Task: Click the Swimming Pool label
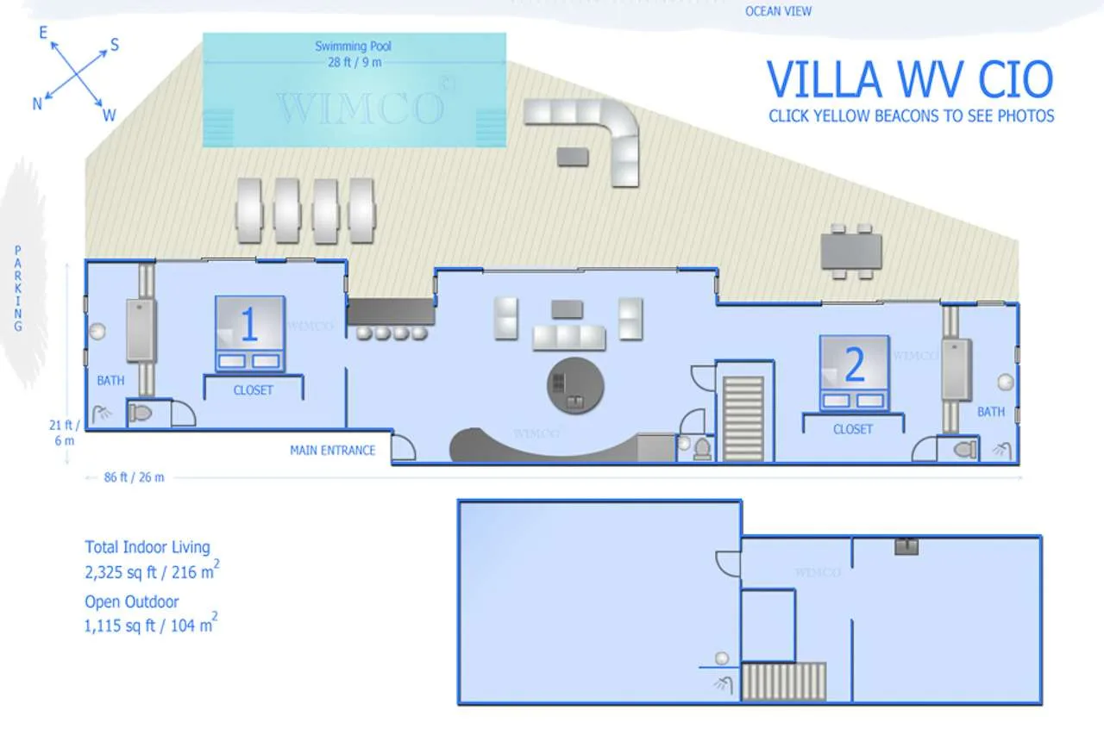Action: [x=353, y=47]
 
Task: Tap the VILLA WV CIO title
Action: [x=910, y=78]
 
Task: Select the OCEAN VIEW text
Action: [x=778, y=11]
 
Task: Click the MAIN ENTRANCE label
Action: [x=333, y=451]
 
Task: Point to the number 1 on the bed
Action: [x=249, y=324]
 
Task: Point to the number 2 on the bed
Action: [x=855, y=364]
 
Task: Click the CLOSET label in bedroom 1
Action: [x=253, y=390]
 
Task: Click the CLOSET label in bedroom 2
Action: [x=853, y=429]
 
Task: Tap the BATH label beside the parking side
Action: [x=111, y=381]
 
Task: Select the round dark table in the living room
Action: [x=575, y=385]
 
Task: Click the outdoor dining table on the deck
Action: [x=851, y=251]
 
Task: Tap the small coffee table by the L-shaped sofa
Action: [x=573, y=157]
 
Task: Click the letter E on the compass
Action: [x=43, y=33]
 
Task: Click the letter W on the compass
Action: [x=110, y=115]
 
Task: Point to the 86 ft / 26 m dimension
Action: [x=134, y=477]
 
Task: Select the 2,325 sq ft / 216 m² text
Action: [x=153, y=571]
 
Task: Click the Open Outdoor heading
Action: [x=132, y=601]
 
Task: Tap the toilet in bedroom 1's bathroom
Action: [x=140, y=413]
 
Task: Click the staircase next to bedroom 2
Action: [x=743, y=419]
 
